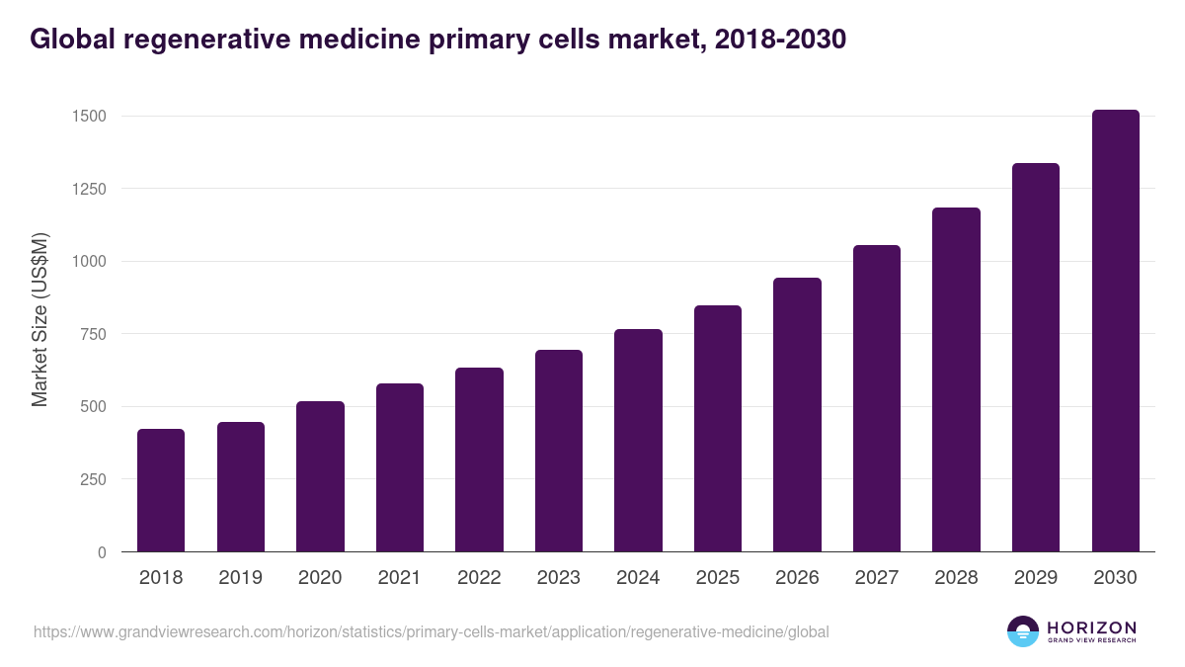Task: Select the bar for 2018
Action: click(x=161, y=490)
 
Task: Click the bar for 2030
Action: click(x=1115, y=331)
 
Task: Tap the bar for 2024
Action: click(x=638, y=441)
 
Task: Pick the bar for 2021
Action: click(x=400, y=467)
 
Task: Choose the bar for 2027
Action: click(x=877, y=398)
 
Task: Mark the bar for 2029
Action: click(x=1036, y=358)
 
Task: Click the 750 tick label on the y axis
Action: click(x=92, y=334)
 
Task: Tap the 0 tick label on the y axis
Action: click(x=102, y=552)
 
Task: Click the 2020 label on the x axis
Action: click(x=320, y=578)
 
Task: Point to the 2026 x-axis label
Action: click(x=797, y=578)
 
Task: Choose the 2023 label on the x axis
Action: click(x=559, y=578)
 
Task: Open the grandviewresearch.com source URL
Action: click(x=431, y=631)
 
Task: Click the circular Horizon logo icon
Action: click(x=1022, y=631)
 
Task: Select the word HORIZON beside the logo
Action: click(x=1091, y=626)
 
